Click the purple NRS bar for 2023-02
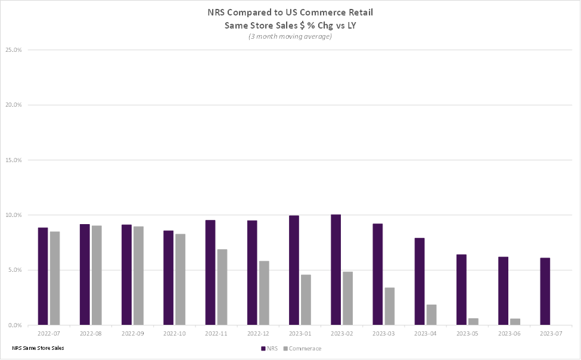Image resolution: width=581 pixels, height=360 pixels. coord(335,269)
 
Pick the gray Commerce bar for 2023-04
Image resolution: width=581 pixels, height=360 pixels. coord(431,315)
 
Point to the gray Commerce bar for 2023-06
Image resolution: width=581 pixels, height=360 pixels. coord(515,322)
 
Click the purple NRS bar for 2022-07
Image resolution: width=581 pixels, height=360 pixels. coord(43,276)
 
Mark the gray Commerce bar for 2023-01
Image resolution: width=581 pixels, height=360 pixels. coord(306,299)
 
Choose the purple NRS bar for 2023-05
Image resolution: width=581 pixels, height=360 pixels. coord(461,289)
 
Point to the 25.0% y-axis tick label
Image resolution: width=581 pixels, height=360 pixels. coord(13,50)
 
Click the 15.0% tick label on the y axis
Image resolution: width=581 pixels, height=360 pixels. coord(13,160)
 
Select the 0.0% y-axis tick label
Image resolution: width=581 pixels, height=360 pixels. coord(14,325)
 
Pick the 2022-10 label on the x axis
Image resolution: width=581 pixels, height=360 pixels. coord(174,334)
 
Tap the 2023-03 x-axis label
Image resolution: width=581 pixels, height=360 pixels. coord(383,334)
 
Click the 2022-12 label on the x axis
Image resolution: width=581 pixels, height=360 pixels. coord(257,334)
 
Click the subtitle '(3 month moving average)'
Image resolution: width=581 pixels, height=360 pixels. coord(290,36)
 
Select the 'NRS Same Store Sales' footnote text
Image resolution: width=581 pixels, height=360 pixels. coord(38,347)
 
